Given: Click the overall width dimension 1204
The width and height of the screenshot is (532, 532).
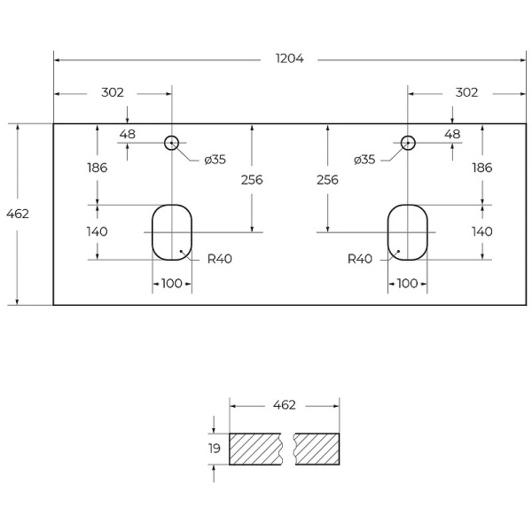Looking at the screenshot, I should point(289,59).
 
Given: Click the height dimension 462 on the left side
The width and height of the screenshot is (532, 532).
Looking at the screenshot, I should point(18,214).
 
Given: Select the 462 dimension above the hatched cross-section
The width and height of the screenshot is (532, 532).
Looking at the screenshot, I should point(284,405).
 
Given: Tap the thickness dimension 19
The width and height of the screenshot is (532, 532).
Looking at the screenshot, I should point(215,449).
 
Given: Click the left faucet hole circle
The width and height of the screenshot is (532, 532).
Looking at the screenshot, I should point(172,142).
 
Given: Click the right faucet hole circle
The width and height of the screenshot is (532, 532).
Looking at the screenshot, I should point(408,142).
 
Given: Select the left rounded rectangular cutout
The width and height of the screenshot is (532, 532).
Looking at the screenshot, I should point(172,232).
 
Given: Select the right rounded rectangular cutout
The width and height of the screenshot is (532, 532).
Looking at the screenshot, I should point(408,232).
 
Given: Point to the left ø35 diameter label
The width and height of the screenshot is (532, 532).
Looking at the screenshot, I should point(215,160).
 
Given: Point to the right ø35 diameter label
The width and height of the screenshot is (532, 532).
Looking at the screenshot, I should point(364,160).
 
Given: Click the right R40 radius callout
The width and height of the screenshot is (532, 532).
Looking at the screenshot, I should point(359,260).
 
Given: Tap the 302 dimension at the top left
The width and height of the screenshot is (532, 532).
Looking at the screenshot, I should point(113,92).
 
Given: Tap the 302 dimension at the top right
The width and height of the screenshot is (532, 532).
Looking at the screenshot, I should point(466,92).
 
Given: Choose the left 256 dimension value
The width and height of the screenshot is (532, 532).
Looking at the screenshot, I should point(252,179).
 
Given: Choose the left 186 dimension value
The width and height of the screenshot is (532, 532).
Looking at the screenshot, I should point(98,168).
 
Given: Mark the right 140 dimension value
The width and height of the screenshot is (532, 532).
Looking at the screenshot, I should point(481,231).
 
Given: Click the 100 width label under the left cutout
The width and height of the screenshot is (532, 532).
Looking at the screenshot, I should point(172,283).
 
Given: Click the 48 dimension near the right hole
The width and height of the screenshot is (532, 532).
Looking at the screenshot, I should point(452,134).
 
